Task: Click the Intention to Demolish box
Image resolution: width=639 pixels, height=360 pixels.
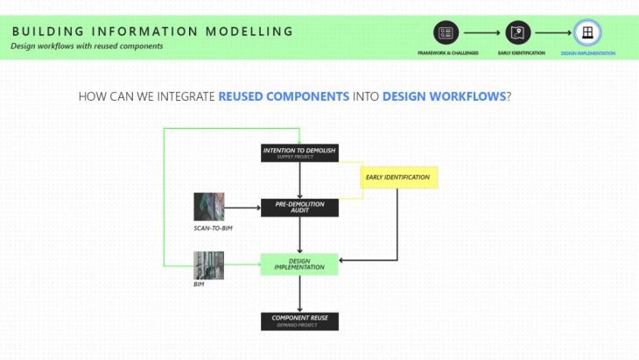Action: pos(299,153)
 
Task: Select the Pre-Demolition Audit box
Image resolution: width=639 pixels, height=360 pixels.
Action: pos(299,207)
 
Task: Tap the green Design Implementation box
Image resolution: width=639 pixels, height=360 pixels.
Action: pos(299,264)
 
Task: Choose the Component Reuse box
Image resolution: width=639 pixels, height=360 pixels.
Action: pos(299,321)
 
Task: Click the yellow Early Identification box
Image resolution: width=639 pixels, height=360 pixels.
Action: pos(398,178)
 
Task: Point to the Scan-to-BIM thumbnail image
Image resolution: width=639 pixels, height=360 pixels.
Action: pos(208,207)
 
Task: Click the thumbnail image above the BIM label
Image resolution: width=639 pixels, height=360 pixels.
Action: pos(208,265)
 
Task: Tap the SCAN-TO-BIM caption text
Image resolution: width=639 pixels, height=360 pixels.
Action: pos(214,228)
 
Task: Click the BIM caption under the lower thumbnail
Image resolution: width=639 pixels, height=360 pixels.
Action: pos(199,285)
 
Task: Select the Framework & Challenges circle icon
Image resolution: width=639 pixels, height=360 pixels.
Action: pos(446,33)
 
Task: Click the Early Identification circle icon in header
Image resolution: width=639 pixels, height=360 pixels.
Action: pos(518,33)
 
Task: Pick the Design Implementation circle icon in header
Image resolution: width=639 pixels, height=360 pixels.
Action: pos(586,33)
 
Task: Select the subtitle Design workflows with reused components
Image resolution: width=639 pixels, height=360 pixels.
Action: pos(87,46)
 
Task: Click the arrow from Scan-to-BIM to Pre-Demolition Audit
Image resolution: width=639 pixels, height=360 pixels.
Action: pos(242,207)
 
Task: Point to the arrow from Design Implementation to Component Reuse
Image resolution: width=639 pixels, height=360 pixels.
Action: pos(299,293)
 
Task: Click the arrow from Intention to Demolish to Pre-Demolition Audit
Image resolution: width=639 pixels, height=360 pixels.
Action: pos(299,180)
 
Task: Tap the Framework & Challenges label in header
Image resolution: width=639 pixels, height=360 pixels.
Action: pos(447,53)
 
